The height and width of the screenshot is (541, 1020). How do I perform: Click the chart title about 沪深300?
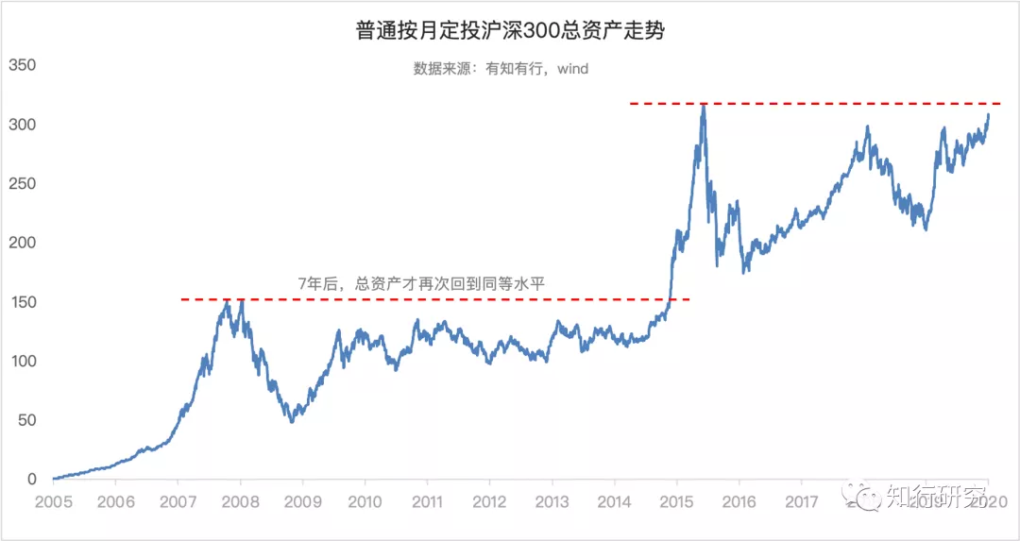[x=510, y=31]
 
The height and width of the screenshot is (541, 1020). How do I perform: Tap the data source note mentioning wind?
[x=501, y=68]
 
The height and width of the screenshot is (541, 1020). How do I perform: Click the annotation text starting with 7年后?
[x=422, y=281]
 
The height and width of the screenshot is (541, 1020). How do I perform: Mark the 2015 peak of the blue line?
[x=703, y=105]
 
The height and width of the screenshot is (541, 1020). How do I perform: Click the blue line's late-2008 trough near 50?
[x=292, y=421]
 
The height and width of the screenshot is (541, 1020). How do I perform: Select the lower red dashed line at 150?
[x=434, y=300]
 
